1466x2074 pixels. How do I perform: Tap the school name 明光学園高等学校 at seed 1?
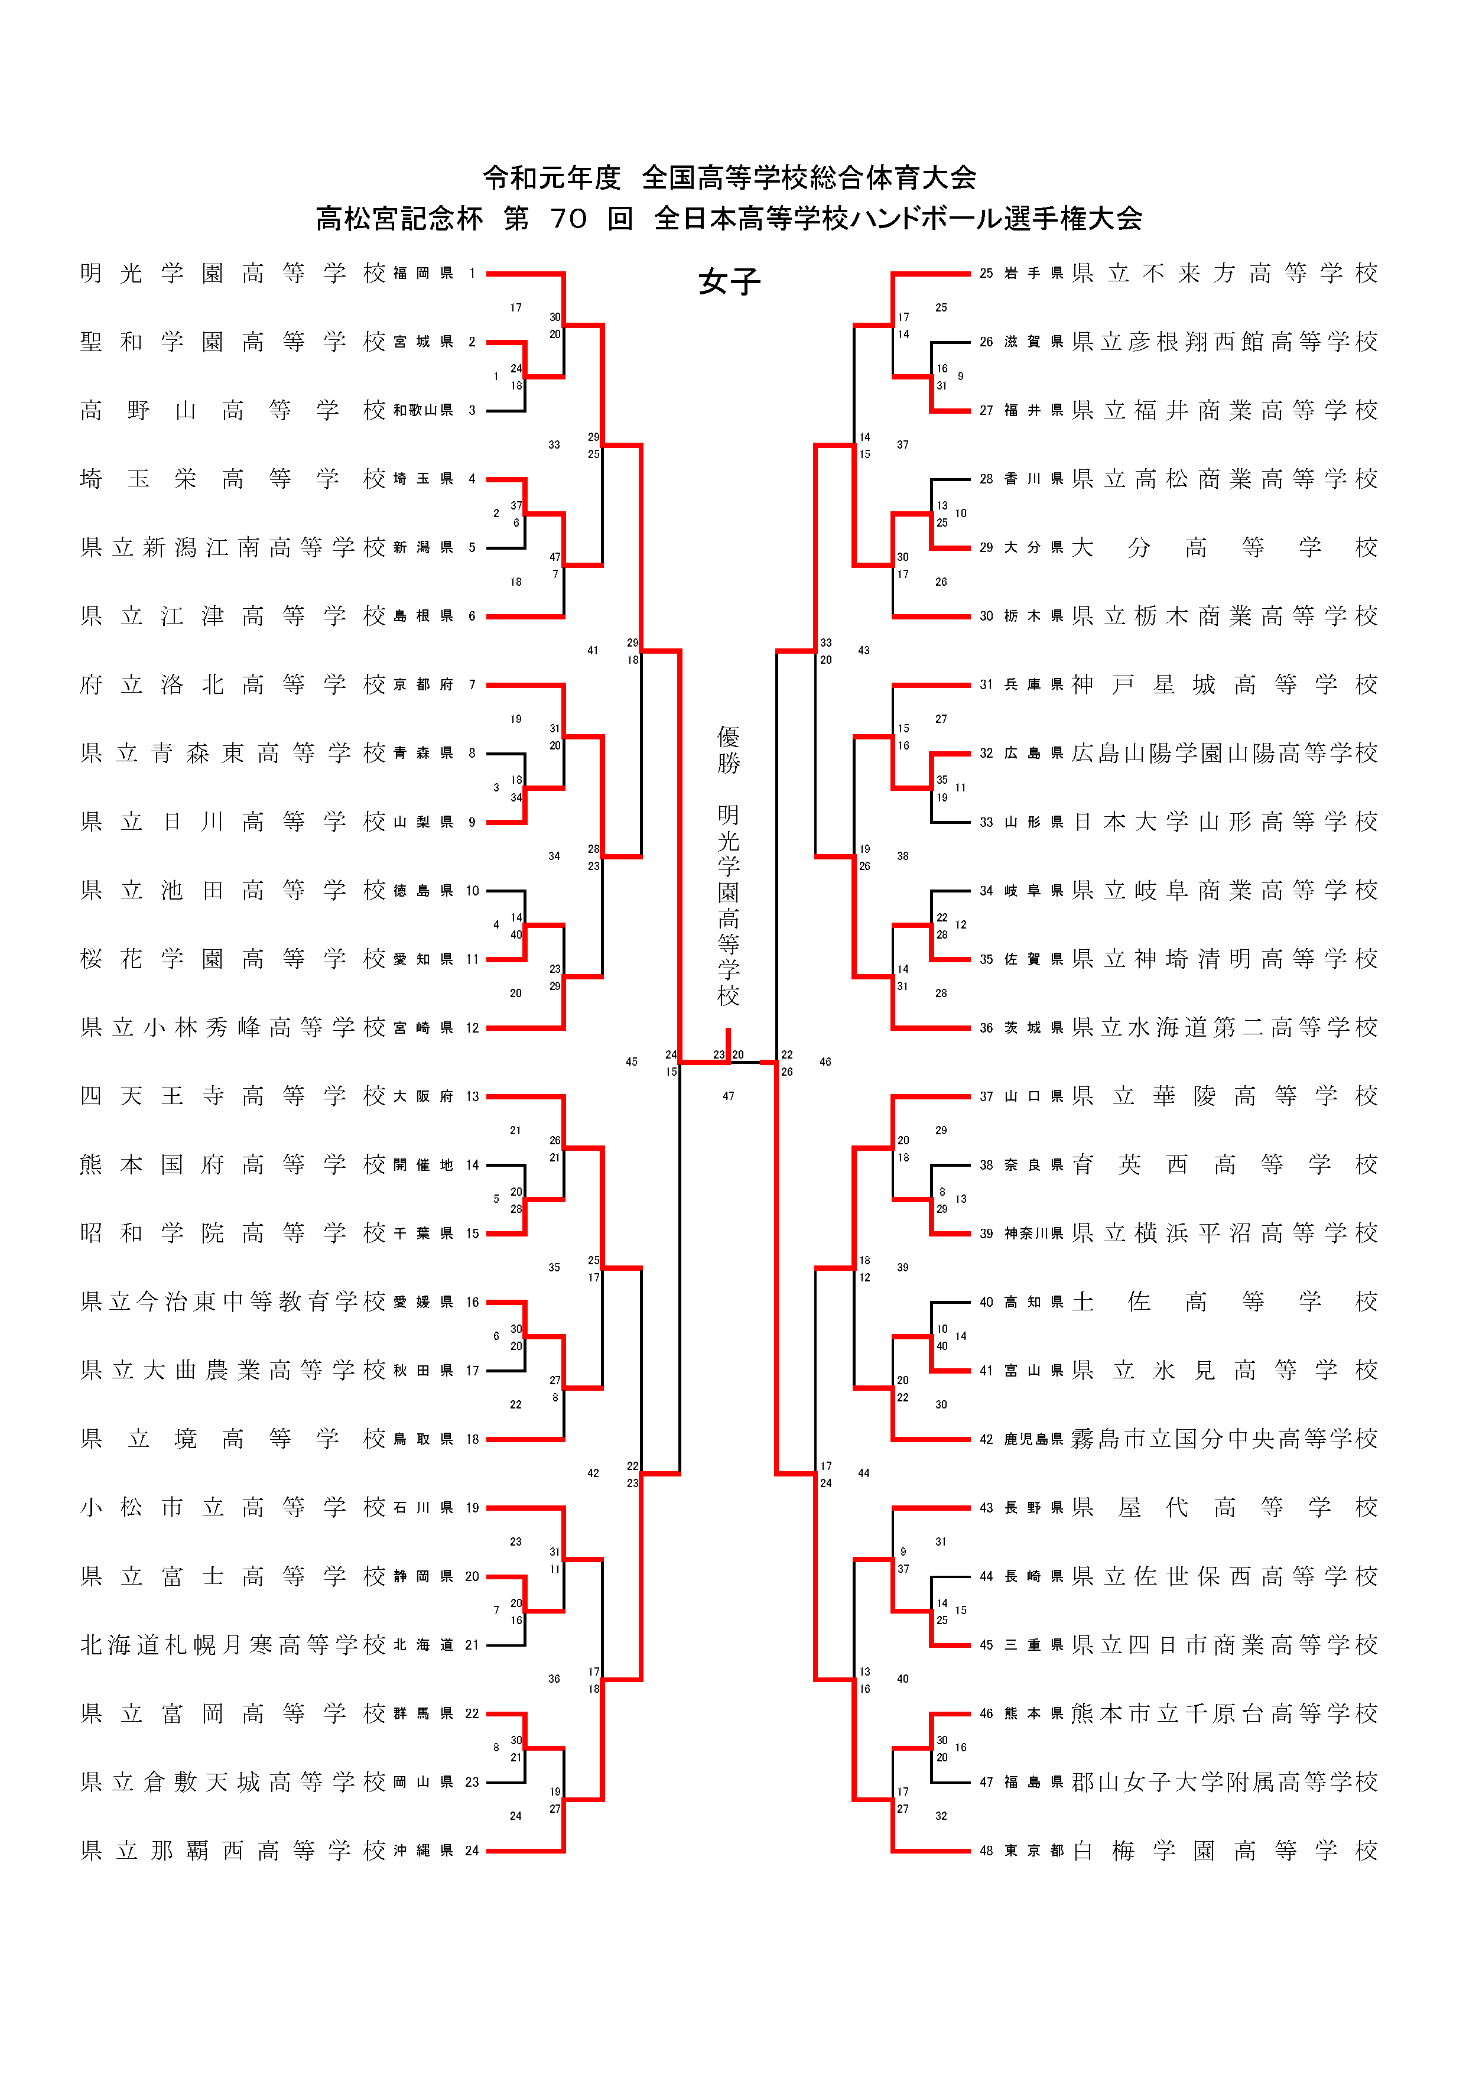[233, 273]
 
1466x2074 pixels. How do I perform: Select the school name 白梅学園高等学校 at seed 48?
[1225, 1851]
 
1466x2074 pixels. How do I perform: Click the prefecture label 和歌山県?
[422, 410]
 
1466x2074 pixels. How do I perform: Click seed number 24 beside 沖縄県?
[472, 1851]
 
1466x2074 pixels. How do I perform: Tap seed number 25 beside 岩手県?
[986, 273]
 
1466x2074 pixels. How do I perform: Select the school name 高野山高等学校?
[233, 410]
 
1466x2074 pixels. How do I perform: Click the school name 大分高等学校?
[1225, 547]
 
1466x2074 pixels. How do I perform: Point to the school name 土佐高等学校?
[1225, 1301]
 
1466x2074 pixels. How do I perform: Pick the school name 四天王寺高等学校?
[233, 1096]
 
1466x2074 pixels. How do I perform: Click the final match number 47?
[728, 1096]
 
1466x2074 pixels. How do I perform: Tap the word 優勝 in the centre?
[728, 749]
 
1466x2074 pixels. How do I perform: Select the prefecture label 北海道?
[422, 1645]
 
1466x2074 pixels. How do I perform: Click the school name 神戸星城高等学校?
[1225, 684]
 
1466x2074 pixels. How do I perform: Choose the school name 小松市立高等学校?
[233, 1508]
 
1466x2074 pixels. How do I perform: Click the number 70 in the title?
[568, 219]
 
